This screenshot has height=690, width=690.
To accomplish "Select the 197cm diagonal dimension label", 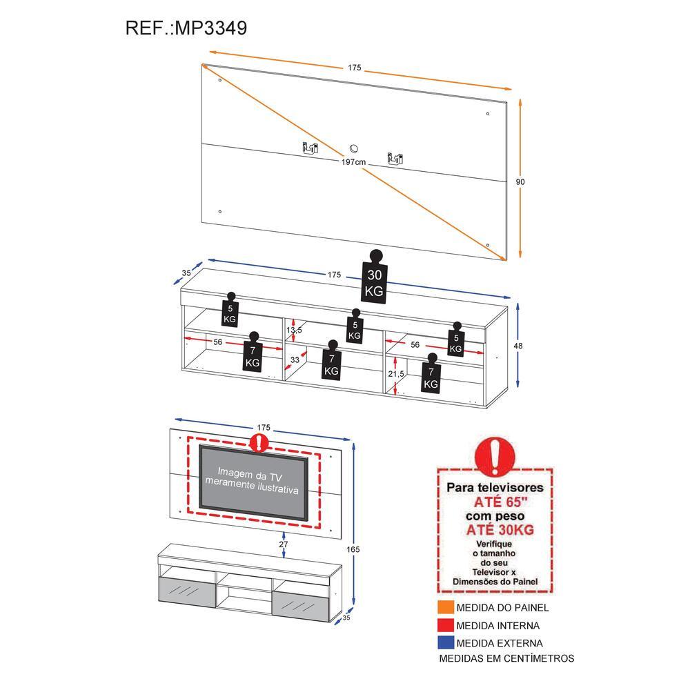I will [354, 161].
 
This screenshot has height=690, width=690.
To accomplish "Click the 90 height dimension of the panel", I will [521, 181].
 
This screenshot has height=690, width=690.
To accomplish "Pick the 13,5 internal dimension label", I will [294, 330].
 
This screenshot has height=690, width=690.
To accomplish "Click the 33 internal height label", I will [295, 359].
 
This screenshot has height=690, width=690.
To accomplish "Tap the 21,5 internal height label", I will [396, 373].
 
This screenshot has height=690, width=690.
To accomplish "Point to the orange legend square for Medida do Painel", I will [445, 607].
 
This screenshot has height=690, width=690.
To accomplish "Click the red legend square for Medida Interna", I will [445, 626].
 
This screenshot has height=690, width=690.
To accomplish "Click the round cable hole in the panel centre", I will [354, 148].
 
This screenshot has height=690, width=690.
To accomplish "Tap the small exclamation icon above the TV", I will [259, 442].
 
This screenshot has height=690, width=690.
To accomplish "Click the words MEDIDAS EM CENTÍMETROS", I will [507, 658].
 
